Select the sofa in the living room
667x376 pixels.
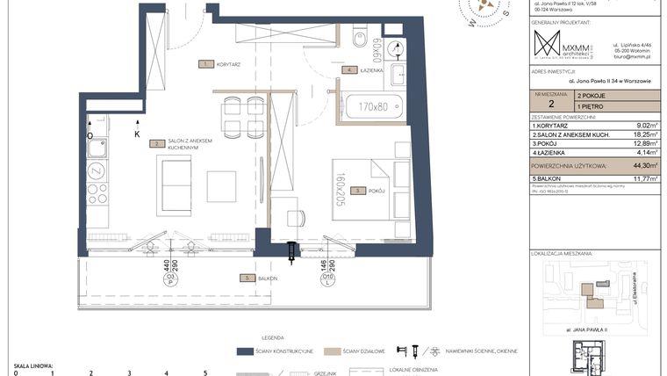[x=176, y=183]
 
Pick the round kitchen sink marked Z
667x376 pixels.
[x=97, y=170]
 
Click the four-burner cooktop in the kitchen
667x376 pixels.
[x=97, y=193]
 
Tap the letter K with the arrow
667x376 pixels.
[x=137, y=134]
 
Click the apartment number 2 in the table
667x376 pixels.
[x=550, y=103]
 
